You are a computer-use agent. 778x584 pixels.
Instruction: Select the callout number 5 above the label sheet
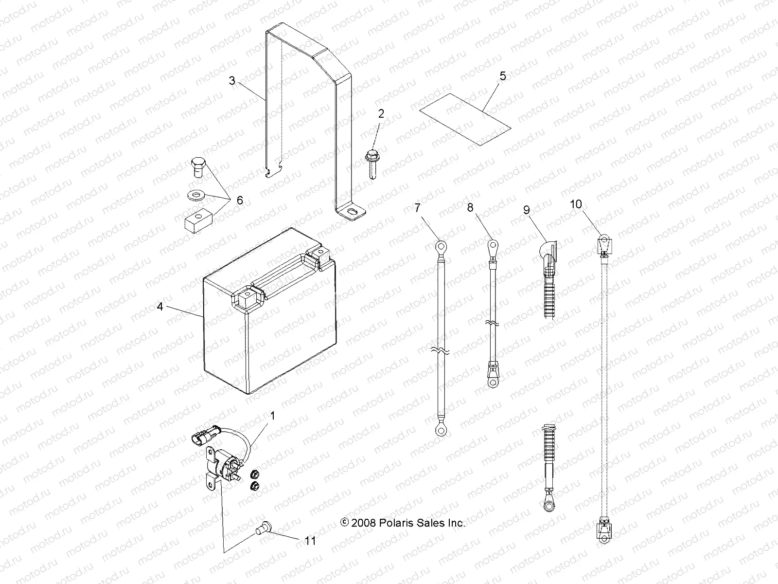(503, 76)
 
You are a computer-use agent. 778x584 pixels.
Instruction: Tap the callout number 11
(311, 541)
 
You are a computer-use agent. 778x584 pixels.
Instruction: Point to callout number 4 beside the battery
(160, 307)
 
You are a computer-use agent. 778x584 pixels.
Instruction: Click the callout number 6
(239, 201)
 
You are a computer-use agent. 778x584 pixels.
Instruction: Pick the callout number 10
(576, 204)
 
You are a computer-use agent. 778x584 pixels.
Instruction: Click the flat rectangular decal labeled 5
(466, 119)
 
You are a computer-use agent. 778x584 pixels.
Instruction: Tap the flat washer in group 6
(195, 196)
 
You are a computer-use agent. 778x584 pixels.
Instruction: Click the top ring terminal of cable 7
(441, 246)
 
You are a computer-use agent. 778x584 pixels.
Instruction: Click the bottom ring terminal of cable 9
(548, 507)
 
